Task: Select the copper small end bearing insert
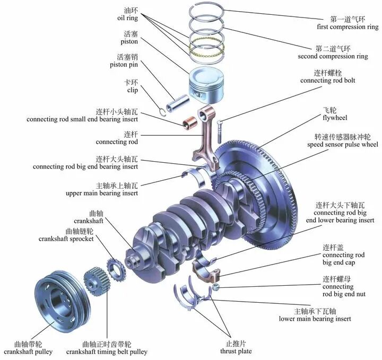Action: pos(187,124)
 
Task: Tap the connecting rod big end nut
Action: pos(216,287)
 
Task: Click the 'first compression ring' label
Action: pos(348,27)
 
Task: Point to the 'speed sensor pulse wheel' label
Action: pos(342,144)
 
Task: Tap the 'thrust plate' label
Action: pos(236,351)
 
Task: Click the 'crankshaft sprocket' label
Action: pos(66,239)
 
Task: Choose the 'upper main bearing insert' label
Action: pos(102,194)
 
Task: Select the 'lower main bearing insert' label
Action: pos(315,319)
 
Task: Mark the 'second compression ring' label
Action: pos(333,56)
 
